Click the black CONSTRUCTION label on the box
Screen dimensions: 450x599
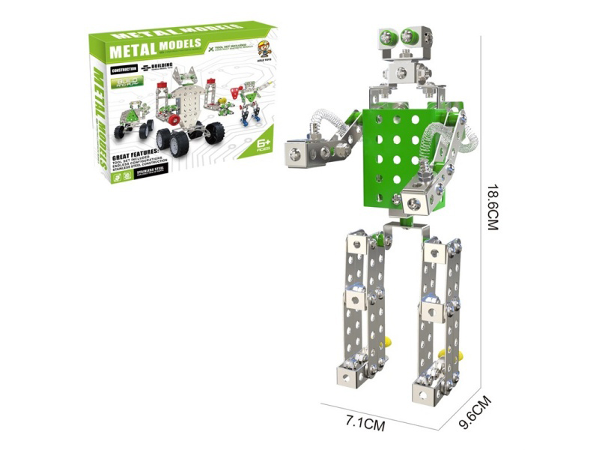point(124,70)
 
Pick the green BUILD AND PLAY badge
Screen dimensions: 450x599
point(127,82)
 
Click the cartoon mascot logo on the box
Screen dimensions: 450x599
point(264,50)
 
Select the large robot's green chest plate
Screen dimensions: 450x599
point(397,150)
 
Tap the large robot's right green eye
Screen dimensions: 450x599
point(410,34)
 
